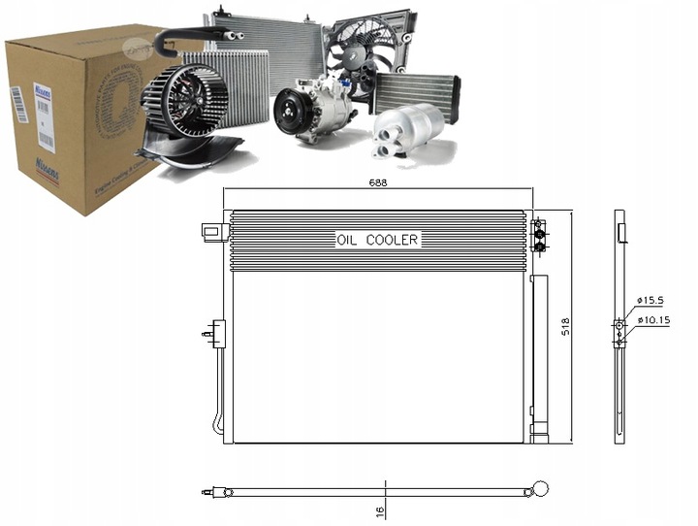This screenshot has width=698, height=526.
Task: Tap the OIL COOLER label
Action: pos(377,239)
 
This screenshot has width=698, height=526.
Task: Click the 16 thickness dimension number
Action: pos(380,510)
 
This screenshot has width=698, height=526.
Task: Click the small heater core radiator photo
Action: pos(414,91)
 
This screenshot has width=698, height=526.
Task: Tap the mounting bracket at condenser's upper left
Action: pos(208,230)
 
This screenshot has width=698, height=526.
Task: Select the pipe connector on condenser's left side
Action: pos(213,335)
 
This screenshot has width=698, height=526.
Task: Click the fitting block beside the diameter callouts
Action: pos(619,331)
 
